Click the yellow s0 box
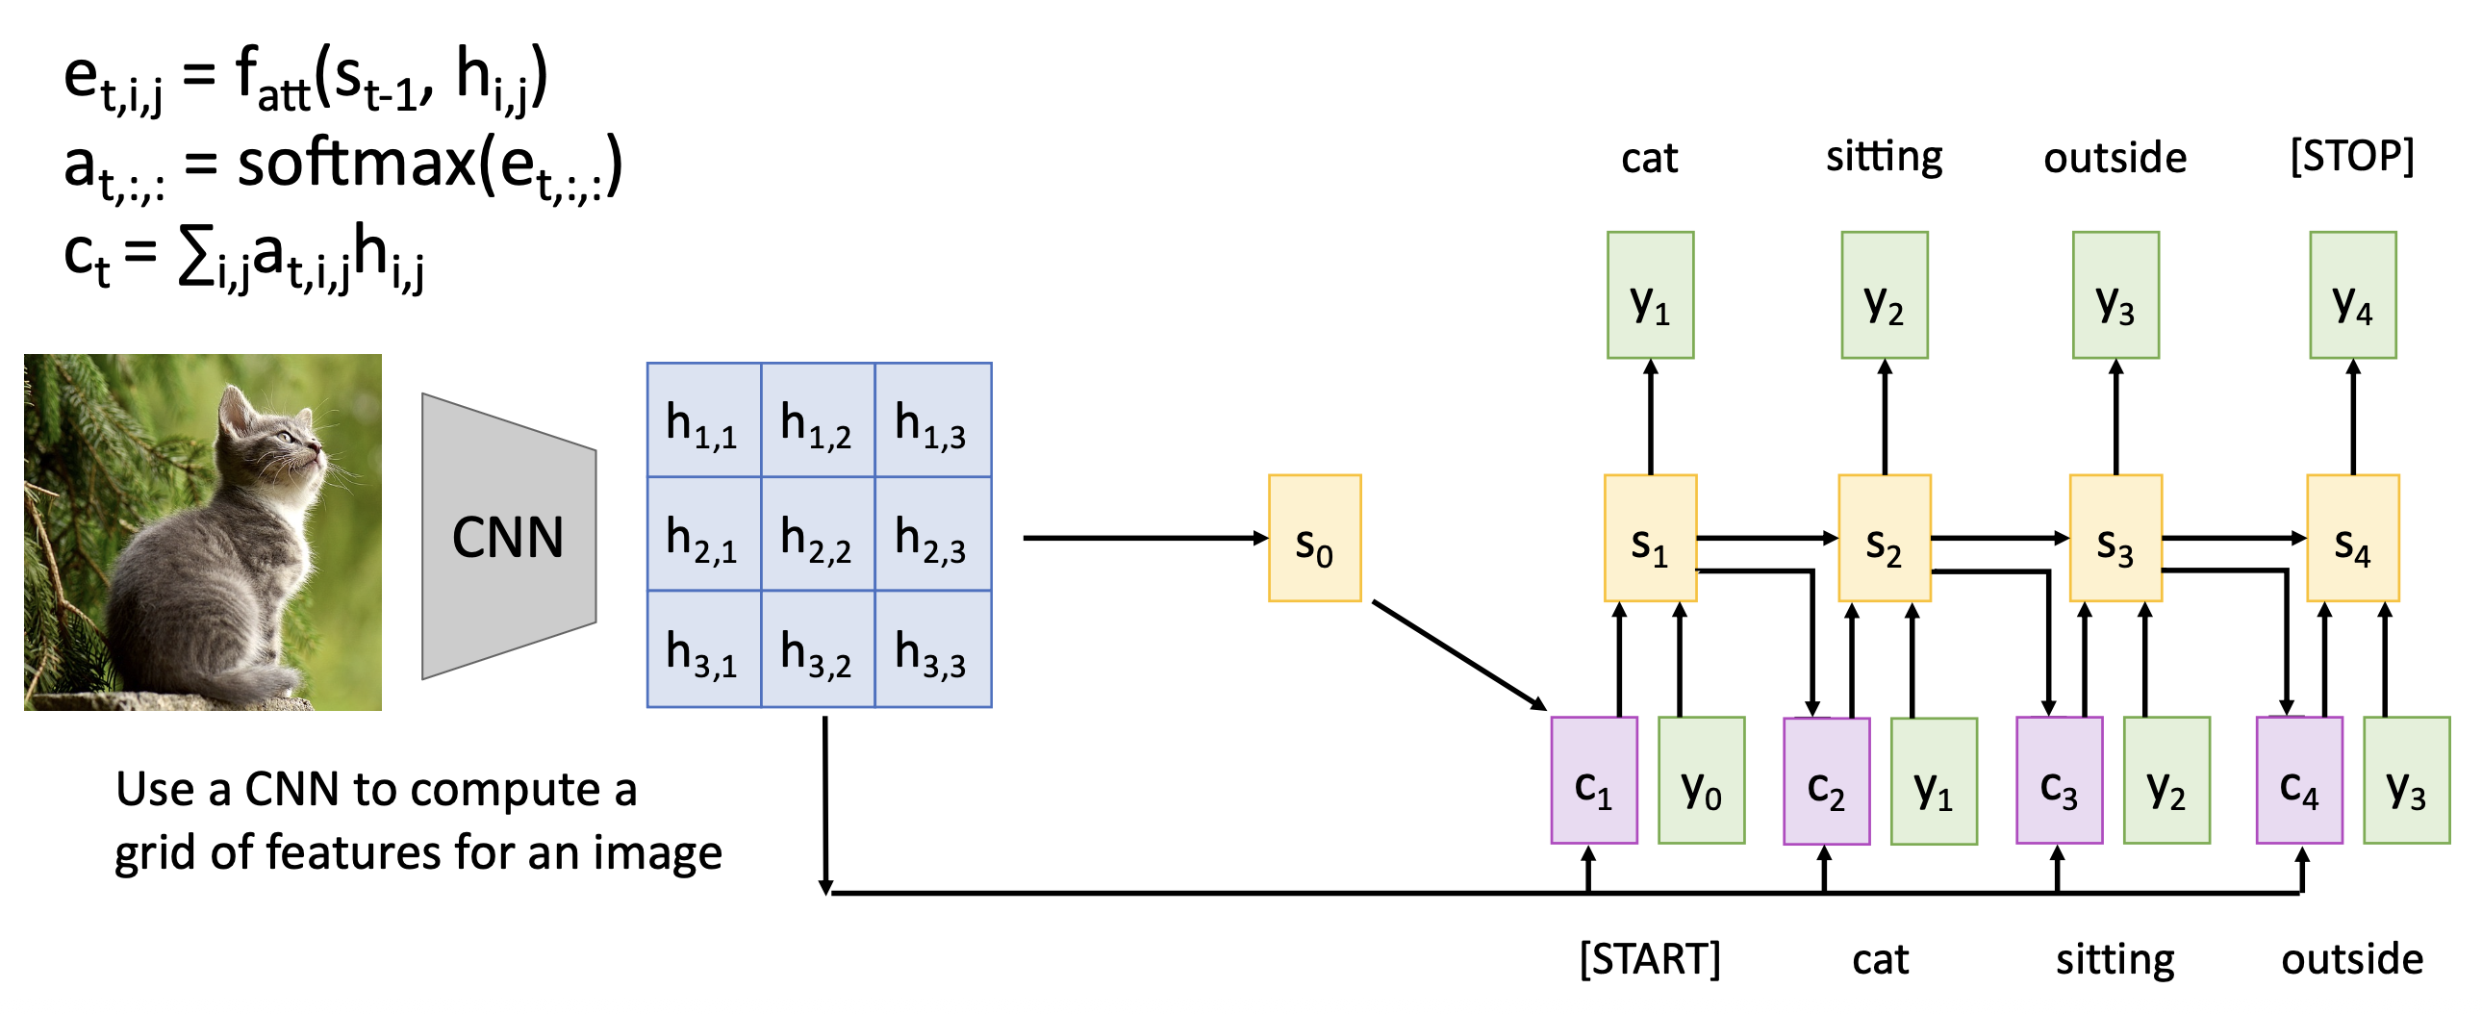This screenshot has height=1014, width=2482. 1314,538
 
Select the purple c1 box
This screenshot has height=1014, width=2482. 1594,780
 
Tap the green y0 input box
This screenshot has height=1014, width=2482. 1701,780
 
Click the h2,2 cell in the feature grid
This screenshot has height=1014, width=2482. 817,533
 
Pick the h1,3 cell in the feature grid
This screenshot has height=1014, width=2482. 932,420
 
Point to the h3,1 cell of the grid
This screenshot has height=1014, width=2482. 703,648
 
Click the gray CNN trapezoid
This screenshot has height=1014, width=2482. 508,536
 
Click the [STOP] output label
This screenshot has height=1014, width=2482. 2352,156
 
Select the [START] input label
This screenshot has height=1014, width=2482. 1650,959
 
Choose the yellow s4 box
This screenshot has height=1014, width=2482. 2352,538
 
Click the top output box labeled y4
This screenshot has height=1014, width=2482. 2352,295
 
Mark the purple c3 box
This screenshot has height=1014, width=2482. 2059,780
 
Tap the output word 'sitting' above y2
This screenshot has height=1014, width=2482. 1884,156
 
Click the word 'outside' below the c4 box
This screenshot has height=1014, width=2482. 2352,959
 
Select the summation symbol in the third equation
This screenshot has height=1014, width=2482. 196,259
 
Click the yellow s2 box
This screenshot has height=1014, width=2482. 1884,538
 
